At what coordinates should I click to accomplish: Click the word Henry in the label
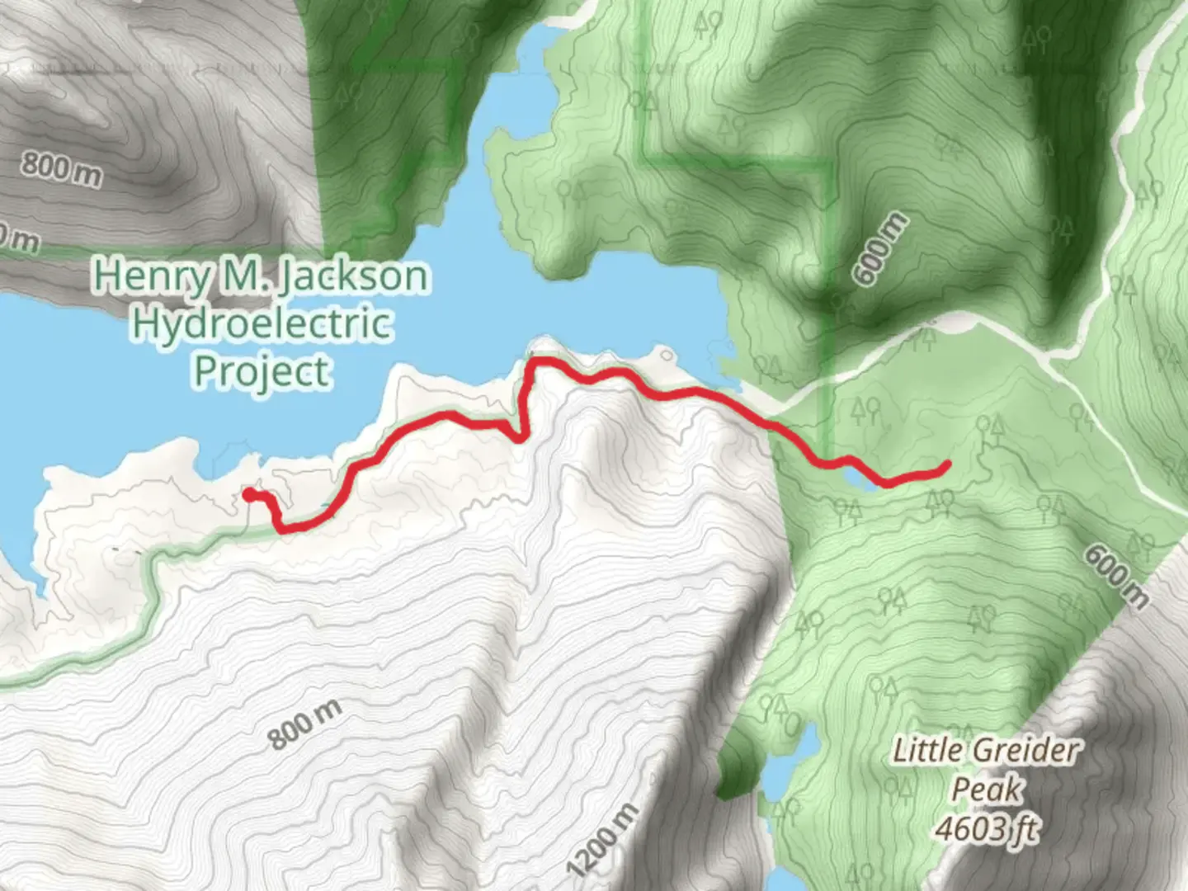click(x=151, y=276)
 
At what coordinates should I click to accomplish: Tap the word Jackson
click(x=353, y=276)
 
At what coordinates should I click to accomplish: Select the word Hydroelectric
click(x=261, y=323)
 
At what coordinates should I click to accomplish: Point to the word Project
click(x=262, y=371)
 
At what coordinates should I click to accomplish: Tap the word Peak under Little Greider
click(x=987, y=790)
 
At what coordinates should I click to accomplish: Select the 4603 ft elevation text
click(x=987, y=827)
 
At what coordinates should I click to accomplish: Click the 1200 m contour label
click(x=603, y=840)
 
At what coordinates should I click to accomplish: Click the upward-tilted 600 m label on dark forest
click(x=879, y=249)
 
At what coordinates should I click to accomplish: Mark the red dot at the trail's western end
click(x=249, y=494)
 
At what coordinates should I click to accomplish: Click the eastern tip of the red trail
click(x=945, y=467)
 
